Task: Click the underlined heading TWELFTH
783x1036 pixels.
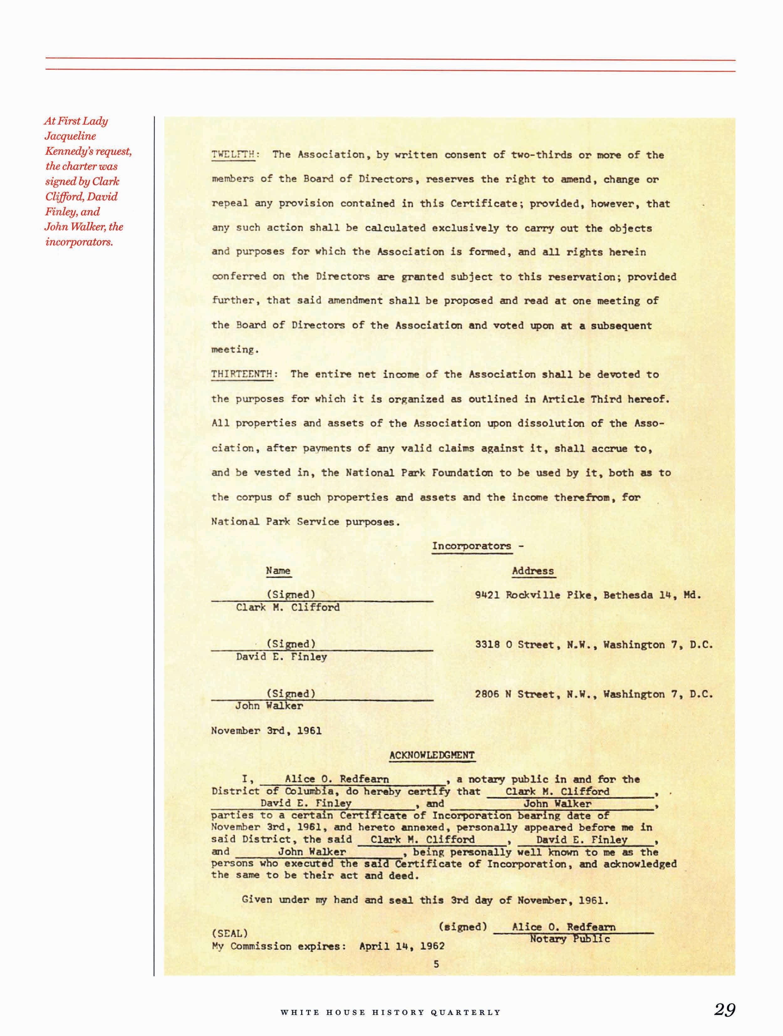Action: (x=233, y=155)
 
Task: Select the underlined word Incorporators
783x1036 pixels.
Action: (x=471, y=546)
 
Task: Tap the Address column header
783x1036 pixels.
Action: (x=533, y=571)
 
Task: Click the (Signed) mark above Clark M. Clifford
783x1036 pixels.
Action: (x=291, y=595)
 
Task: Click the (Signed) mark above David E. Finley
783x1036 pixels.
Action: (x=291, y=644)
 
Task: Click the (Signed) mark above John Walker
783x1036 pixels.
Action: (x=291, y=693)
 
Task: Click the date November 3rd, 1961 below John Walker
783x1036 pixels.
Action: (x=266, y=731)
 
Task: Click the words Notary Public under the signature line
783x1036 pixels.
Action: (x=570, y=939)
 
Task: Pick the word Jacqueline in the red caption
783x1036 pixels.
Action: (x=70, y=136)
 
